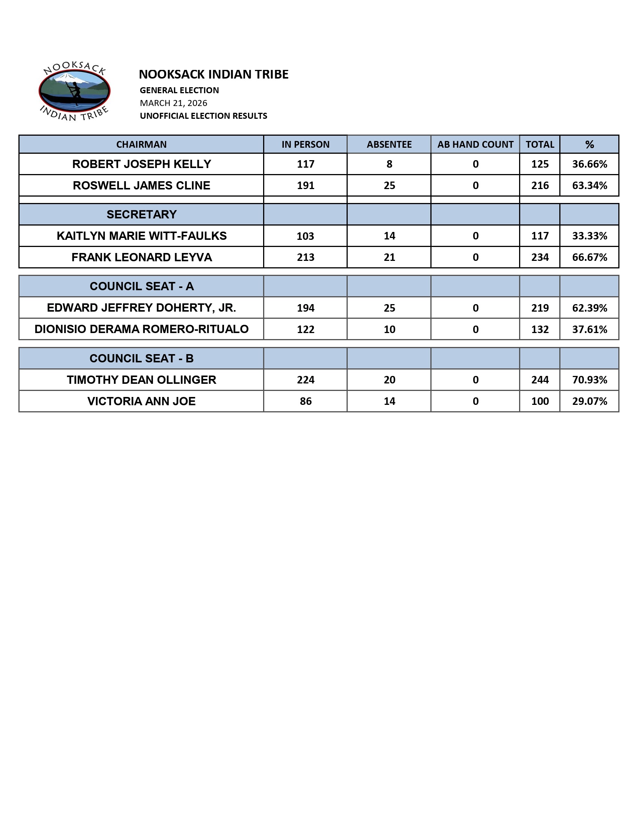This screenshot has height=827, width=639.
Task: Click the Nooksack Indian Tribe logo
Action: coord(74,91)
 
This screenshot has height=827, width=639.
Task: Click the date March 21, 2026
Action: coord(173,103)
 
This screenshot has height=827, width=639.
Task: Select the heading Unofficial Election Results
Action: coord(203,116)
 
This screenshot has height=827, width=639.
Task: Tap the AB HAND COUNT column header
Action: coord(475,144)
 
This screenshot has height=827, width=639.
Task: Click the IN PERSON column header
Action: coord(305,144)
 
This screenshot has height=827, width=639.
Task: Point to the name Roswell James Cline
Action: coord(141,186)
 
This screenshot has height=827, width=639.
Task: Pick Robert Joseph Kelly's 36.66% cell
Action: coord(589,164)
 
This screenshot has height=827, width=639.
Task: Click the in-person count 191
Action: coord(305,186)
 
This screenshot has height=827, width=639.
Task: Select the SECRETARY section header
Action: coord(141,214)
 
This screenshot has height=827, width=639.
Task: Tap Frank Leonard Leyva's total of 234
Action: coord(539,257)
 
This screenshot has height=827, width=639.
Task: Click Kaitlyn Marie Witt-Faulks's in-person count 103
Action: coord(305,236)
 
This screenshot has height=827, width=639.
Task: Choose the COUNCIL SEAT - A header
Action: coord(141,286)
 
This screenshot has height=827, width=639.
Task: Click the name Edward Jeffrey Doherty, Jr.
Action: coord(141,308)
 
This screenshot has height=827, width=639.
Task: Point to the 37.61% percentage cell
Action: coord(589,329)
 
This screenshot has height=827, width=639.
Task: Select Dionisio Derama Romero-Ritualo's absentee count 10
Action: coord(389,329)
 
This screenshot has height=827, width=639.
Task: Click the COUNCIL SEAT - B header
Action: coord(141,358)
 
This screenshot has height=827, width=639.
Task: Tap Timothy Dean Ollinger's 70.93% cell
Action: coord(589,380)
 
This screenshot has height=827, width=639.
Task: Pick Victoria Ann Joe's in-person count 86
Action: coord(305,401)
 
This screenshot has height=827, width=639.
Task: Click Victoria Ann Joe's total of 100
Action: coord(539,401)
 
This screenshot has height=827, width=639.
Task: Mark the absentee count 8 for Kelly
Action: coord(389,164)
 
